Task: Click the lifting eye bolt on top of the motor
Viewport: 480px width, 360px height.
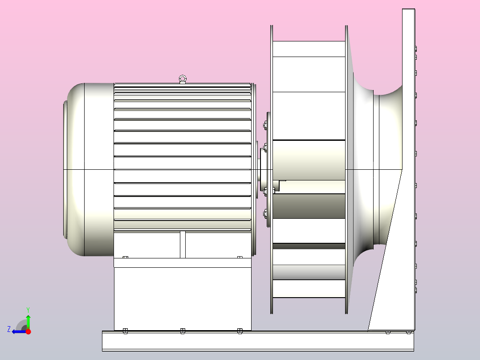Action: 183,79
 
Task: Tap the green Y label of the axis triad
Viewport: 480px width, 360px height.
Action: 28,310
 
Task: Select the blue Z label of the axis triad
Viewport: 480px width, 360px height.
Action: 9,329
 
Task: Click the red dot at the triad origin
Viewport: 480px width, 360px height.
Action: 28,331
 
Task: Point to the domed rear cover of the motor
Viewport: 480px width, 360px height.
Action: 89,169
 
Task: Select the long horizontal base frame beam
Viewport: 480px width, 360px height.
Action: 258,341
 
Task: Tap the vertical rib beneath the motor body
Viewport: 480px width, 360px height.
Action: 183,245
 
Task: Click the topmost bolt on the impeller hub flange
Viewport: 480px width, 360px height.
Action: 265,125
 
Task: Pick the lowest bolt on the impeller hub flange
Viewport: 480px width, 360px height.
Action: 265,213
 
